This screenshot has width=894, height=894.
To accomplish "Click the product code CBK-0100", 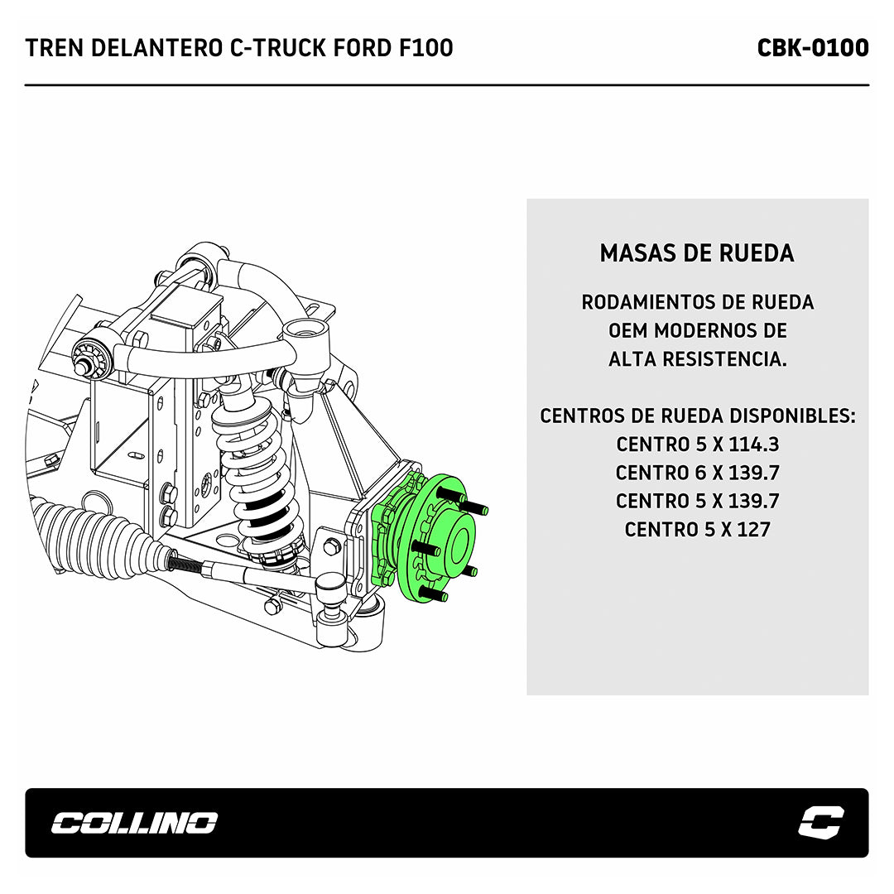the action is pyautogui.click(x=813, y=48).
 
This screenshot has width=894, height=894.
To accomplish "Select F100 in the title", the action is pyautogui.click(x=425, y=48).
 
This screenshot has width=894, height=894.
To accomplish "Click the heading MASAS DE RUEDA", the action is pyautogui.click(x=697, y=253).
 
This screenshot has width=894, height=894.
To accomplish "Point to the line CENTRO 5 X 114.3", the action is pyautogui.click(x=697, y=445).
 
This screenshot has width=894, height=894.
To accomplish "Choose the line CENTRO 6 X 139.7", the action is pyautogui.click(x=697, y=473).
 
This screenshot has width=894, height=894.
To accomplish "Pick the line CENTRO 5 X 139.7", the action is pyautogui.click(x=697, y=501).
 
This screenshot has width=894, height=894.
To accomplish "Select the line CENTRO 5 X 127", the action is pyautogui.click(x=697, y=530).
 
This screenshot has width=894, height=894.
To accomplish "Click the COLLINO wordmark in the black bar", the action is pyautogui.click(x=135, y=823).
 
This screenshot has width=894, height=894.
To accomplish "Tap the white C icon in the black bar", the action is pyautogui.click(x=821, y=823).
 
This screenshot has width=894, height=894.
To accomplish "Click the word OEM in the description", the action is pyautogui.click(x=627, y=330).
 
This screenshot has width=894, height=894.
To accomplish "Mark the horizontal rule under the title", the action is pyautogui.click(x=447, y=85).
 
